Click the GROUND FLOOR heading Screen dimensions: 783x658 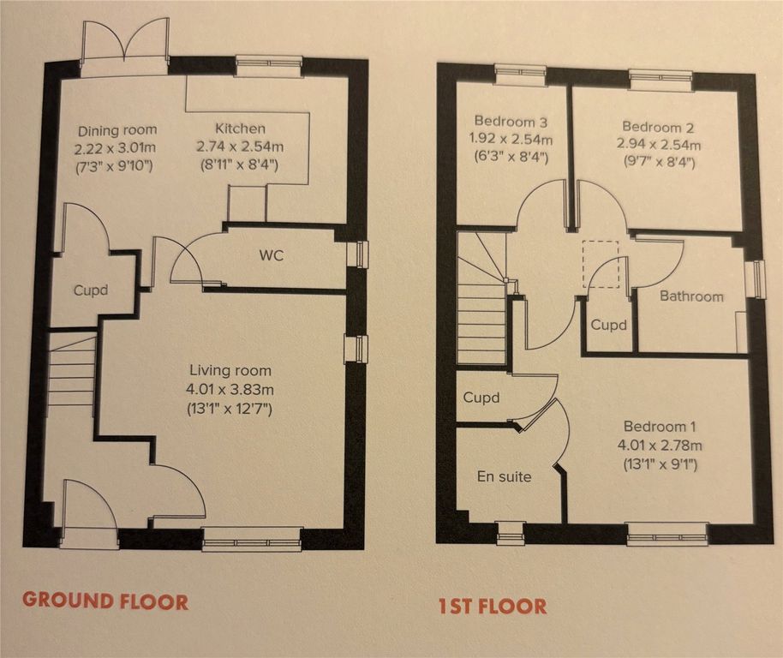(105, 601)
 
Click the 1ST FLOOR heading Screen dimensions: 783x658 (493, 606)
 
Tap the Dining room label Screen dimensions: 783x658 (117, 131)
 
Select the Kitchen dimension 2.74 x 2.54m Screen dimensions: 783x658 (240, 147)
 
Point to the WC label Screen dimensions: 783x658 (272, 255)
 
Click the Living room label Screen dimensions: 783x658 (230, 370)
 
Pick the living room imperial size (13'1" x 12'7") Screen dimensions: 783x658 (230, 410)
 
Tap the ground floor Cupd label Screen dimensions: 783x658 (91, 290)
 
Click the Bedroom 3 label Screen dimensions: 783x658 (511, 122)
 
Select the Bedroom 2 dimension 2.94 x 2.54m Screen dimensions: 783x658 (659, 145)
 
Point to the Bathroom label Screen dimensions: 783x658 (691, 296)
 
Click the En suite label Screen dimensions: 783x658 (504, 476)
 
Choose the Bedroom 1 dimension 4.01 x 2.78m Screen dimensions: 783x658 (660, 445)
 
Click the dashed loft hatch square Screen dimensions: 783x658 (601, 264)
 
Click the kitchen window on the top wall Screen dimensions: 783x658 (269, 63)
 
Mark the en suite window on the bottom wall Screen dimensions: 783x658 (511, 533)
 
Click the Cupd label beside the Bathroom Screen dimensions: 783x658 (608, 325)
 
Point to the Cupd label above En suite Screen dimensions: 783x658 (481, 398)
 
